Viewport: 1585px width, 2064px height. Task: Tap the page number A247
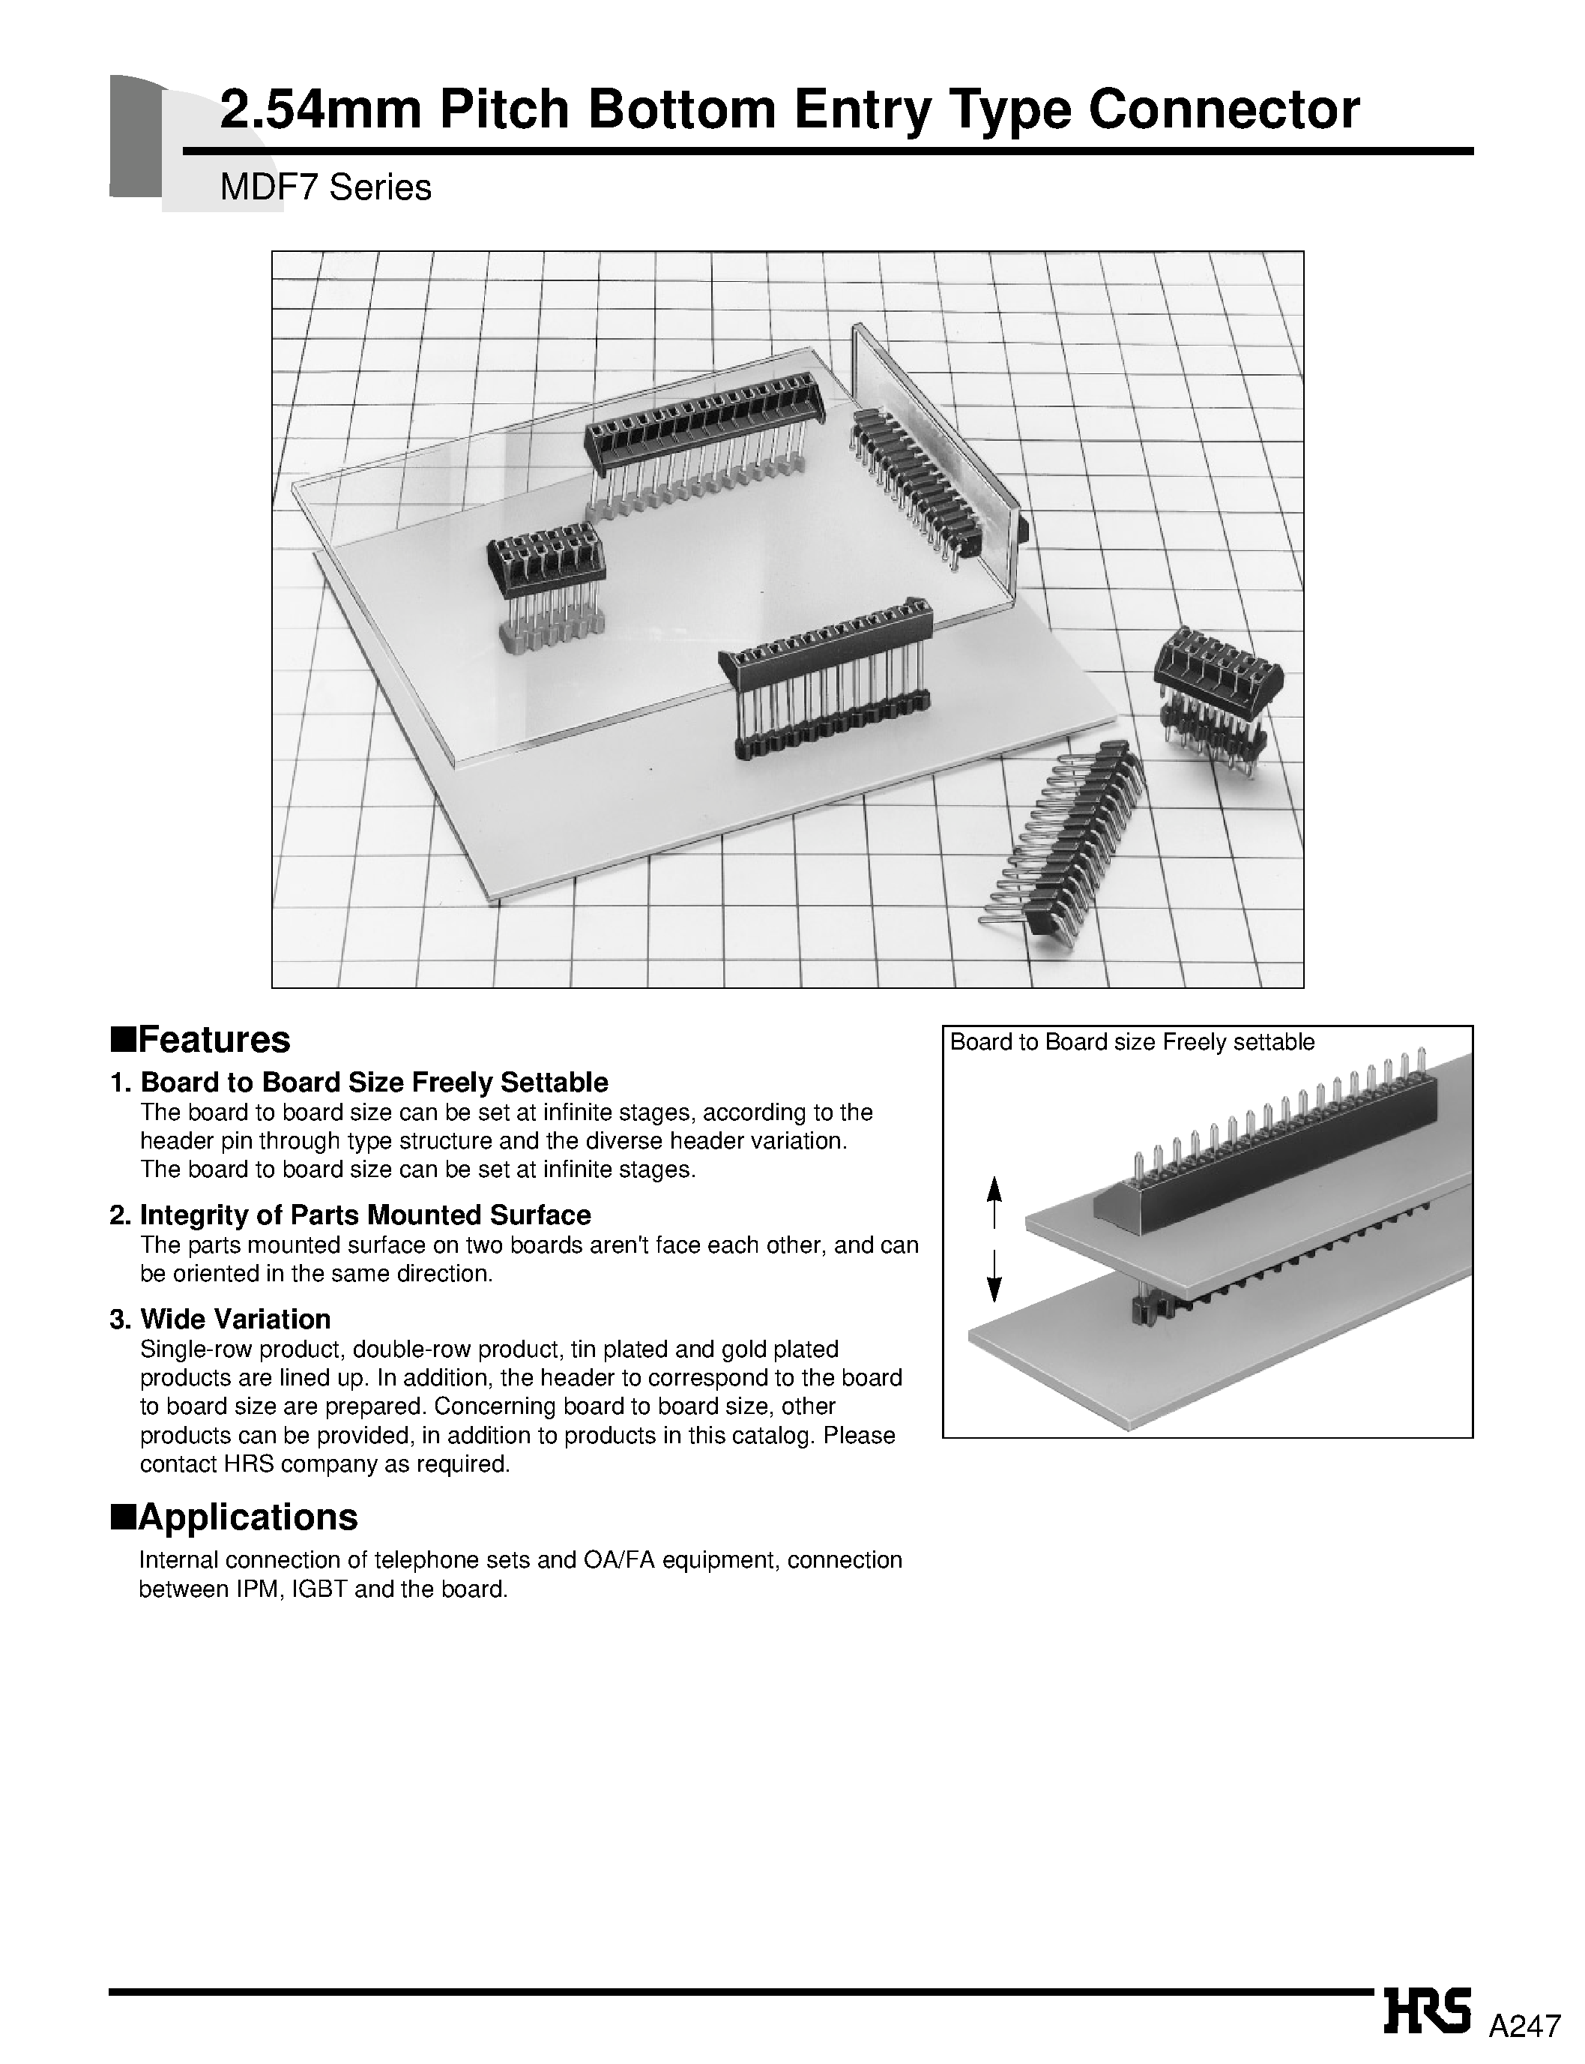[1524, 2024]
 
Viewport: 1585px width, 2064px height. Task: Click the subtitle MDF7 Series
[325, 188]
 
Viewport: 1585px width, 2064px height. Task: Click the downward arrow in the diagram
[994, 1277]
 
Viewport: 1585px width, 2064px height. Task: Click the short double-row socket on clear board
[546, 566]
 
